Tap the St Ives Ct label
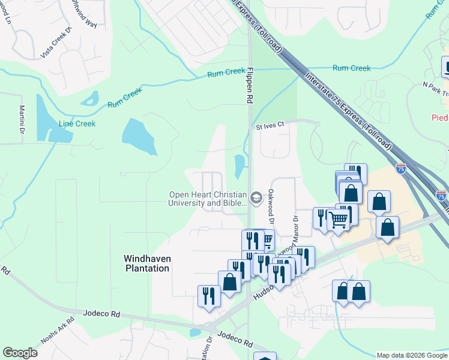point(269,127)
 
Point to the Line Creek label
point(77,124)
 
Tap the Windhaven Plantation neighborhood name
point(146,263)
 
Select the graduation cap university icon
point(256,198)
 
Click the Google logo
point(20,353)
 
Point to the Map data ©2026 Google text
point(412,355)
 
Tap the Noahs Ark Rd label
point(58,329)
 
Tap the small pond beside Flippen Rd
point(239,166)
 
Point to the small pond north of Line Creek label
point(91,98)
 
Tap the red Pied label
point(440,118)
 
